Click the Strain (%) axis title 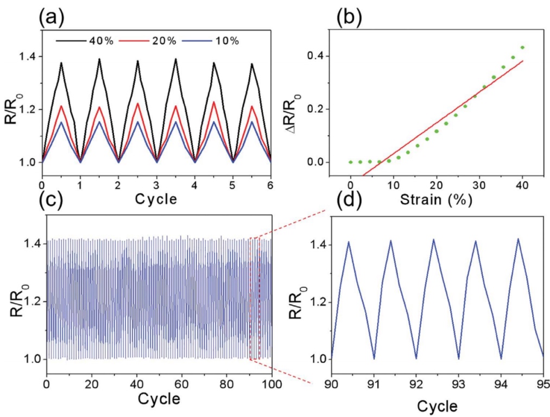pos(436,199)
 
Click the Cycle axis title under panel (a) pos(156,199)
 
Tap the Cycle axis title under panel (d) pos(438,406)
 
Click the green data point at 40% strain pos(522,48)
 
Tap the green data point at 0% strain pos(351,162)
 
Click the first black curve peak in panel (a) pos(61,63)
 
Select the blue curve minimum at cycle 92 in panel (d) pos(416,358)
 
